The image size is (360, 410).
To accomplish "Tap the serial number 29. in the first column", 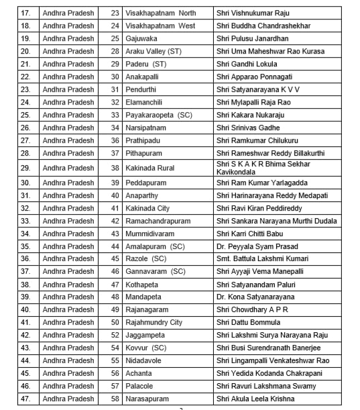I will coord(25,168).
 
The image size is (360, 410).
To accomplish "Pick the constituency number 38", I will coord(115,168).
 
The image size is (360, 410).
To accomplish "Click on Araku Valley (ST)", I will coord(153,51).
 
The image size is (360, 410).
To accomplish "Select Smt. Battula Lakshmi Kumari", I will coord(262,259).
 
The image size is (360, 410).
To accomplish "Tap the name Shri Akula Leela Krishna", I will coord(255,399).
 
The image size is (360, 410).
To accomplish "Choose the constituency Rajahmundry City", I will coord(154,322).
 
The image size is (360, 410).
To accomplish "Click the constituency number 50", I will coord(115,322).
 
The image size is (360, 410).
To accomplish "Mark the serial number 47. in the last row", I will coord(25,399).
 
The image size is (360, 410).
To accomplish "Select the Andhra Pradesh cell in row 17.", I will coord(68,13).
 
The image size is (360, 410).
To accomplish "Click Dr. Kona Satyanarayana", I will coord(255,297).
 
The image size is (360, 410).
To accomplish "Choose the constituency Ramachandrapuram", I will coord(158,221).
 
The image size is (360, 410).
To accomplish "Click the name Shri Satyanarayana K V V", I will coord(257,89).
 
